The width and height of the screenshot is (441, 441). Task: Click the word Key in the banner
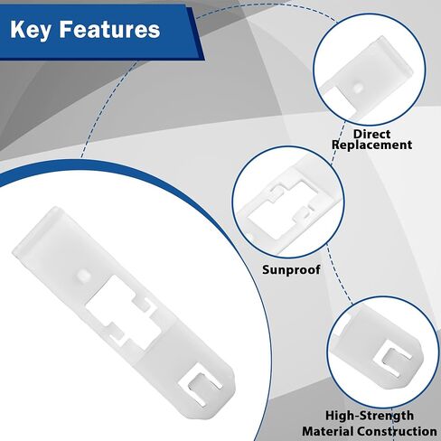click(30, 30)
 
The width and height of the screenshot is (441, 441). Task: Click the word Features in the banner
click(109, 30)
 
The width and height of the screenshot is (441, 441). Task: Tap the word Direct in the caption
click(371, 134)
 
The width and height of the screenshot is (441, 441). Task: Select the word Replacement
click(371, 145)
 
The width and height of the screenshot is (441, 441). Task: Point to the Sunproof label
click(291, 269)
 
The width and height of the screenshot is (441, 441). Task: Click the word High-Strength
click(370, 416)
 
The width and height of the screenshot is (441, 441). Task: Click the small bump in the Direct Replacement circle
click(358, 88)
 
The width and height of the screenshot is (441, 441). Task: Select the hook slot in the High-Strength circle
click(392, 359)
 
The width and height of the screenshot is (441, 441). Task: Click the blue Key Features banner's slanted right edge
click(196, 33)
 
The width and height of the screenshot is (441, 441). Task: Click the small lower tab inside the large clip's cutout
click(116, 333)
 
